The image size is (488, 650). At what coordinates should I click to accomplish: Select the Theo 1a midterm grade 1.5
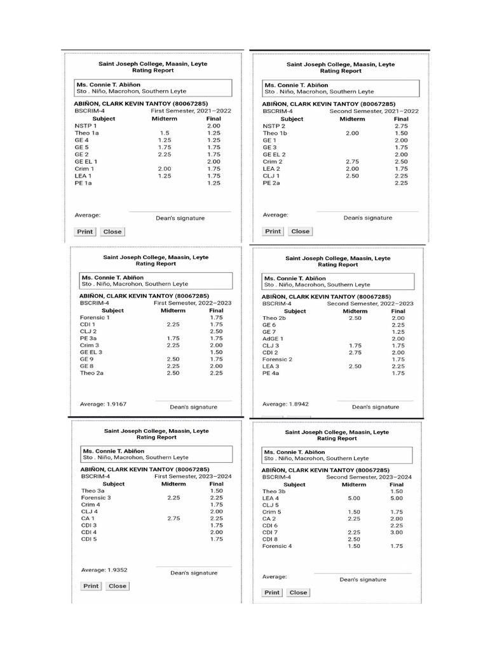(x=164, y=133)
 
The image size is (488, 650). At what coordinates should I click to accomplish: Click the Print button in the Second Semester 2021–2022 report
(x=273, y=232)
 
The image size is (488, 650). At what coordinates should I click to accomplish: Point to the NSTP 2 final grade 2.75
(x=401, y=126)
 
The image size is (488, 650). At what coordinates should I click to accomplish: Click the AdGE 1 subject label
(x=273, y=339)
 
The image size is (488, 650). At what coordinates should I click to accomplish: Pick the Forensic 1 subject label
(x=95, y=317)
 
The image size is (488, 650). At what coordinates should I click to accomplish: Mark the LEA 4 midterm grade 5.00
(x=354, y=498)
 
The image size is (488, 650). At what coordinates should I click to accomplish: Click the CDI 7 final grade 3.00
(x=396, y=532)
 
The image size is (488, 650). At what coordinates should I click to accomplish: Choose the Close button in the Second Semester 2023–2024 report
(x=298, y=593)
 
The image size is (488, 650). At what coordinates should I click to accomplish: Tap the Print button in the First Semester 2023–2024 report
(x=91, y=586)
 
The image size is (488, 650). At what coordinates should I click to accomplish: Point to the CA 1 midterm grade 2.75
(x=173, y=519)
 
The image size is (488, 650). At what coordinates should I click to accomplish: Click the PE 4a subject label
(x=271, y=374)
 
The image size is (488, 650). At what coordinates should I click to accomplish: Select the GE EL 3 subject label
(x=91, y=352)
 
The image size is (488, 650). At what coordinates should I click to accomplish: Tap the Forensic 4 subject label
(x=277, y=546)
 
